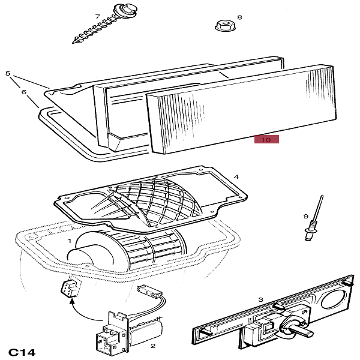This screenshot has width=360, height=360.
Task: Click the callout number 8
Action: [x=239, y=18]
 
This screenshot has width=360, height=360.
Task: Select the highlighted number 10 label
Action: [x=266, y=140]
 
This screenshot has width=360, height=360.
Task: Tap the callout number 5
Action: [x=8, y=74]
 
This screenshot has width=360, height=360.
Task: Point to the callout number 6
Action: [x=24, y=92]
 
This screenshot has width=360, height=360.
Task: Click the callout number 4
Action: [x=236, y=177]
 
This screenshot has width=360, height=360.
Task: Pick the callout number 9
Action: [x=305, y=216]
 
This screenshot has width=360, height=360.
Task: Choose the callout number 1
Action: [x=70, y=241]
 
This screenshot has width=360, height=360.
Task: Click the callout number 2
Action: [x=153, y=346]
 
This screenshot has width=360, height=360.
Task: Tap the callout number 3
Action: [x=260, y=299]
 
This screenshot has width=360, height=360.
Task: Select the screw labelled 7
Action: [x=96, y=28]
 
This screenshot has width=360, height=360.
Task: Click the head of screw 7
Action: [x=116, y=11]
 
